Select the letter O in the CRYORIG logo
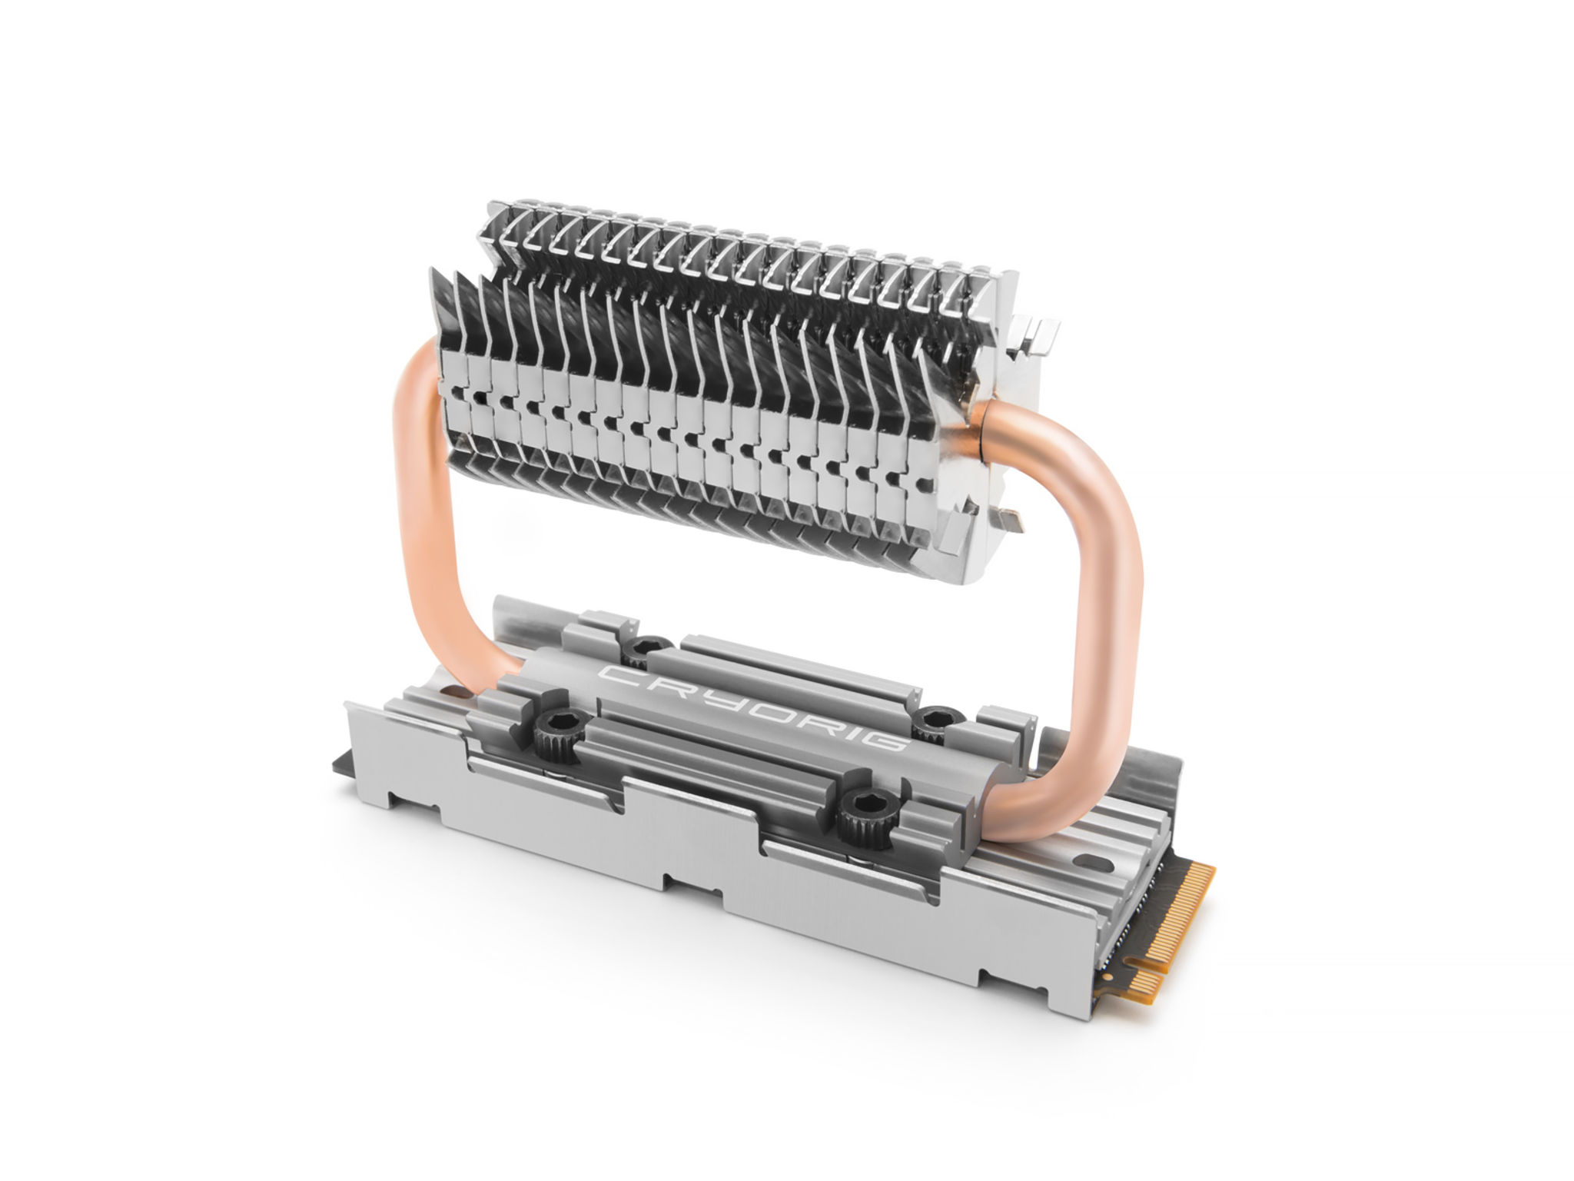coord(746,710)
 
